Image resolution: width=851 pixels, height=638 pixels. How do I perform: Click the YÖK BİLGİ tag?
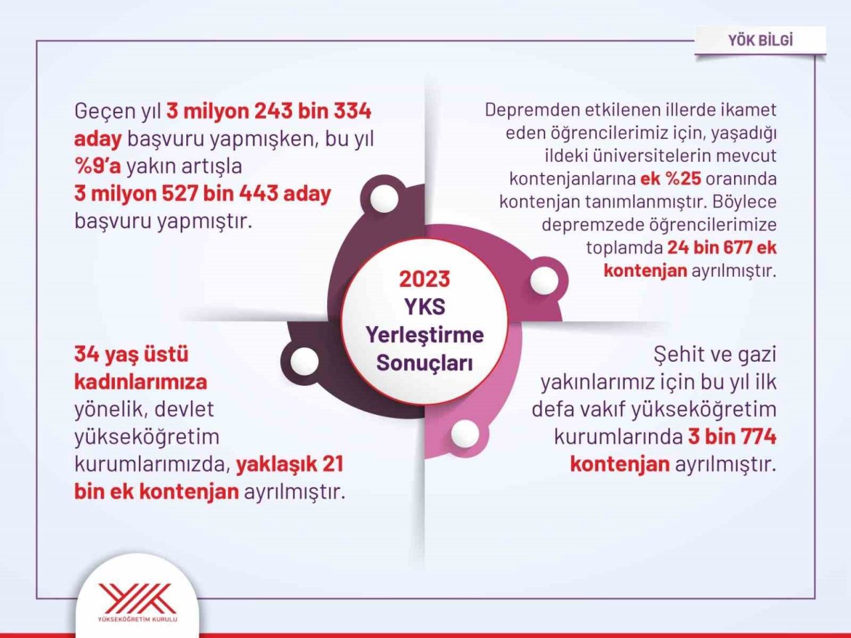pos(760,40)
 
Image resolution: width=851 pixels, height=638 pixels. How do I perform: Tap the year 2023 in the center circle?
pos(424,279)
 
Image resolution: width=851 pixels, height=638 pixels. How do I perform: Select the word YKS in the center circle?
pos(424,307)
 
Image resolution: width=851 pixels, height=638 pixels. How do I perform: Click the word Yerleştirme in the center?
pos(424,335)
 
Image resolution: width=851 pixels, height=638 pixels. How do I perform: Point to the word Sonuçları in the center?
pos(424,363)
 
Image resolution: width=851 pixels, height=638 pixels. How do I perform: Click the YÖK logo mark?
pos(138,597)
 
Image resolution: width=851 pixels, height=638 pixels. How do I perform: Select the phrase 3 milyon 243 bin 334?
pos(269,110)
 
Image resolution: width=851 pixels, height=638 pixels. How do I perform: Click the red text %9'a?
pos(98,166)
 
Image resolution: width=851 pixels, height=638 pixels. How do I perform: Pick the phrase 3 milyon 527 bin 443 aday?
pos(202,194)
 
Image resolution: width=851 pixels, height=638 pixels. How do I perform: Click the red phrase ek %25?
pos(671,178)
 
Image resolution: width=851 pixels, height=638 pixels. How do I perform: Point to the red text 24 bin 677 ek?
pos(721,247)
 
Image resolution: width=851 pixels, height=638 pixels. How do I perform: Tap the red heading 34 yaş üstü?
pos(131,354)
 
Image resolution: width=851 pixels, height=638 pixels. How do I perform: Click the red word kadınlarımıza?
pos(140,382)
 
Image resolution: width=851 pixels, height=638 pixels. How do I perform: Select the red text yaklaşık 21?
pos(290,464)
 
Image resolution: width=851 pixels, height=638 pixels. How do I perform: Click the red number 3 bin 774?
pos(732,436)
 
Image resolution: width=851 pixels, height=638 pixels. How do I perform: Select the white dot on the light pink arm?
pos(465,434)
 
